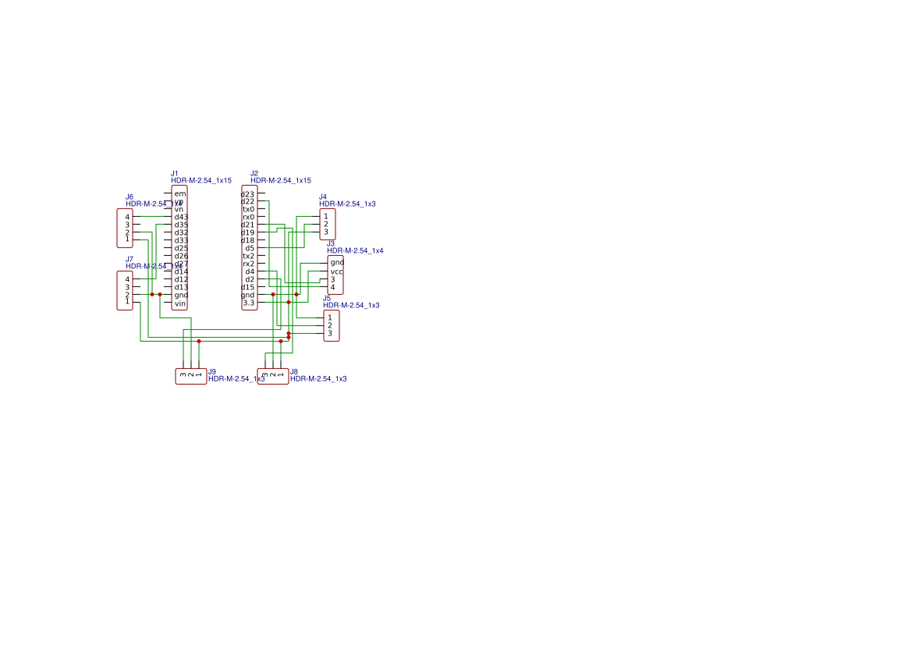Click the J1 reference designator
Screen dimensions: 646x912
click(175, 173)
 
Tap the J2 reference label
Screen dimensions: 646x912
click(254, 173)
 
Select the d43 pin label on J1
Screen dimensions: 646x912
click(181, 217)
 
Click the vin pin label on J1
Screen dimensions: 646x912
click(180, 303)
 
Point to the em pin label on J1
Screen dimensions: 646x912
click(180, 193)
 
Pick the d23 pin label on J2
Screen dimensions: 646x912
click(248, 193)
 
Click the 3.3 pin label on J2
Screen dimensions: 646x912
click(249, 303)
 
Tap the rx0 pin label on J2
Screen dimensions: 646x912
click(249, 217)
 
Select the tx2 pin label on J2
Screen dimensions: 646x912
click(249, 256)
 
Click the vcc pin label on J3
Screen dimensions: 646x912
click(337, 272)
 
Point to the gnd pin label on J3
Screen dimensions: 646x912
click(337, 262)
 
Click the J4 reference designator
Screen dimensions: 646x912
click(323, 197)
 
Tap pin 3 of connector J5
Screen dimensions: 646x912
click(330, 333)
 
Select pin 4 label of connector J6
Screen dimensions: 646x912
click(127, 216)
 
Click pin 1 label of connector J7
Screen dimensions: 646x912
click(127, 302)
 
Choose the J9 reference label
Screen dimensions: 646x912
click(212, 372)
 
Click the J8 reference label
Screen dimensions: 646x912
click(294, 372)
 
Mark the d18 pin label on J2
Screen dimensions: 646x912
click(248, 240)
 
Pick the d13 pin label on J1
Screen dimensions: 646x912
click(181, 287)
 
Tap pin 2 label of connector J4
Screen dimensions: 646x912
click(326, 224)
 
